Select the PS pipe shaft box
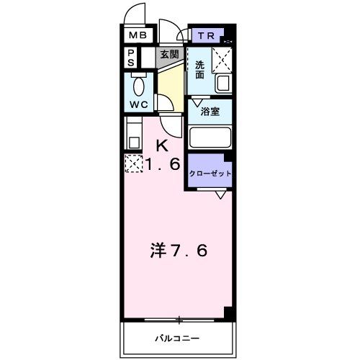(132, 57)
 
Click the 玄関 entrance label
(169, 55)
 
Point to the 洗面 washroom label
(199, 68)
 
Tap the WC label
(139, 104)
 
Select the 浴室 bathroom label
(210, 112)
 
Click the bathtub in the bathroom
(210, 138)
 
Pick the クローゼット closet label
(210, 174)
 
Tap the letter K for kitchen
(163, 145)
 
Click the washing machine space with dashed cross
(222, 58)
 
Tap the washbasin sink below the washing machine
(223, 82)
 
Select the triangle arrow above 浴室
(195, 102)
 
